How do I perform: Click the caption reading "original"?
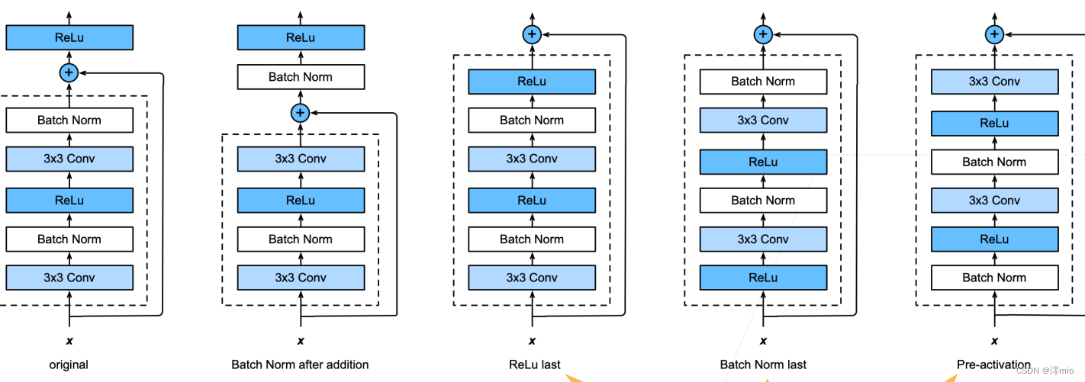(69, 364)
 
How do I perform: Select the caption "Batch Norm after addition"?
(300, 364)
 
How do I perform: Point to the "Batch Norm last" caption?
(763, 364)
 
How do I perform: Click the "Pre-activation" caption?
(993, 364)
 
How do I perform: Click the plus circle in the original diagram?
(69, 72)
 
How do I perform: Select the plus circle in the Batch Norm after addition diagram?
(301, 113)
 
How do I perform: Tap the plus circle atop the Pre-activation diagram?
(994, 34)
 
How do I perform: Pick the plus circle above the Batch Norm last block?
(763, 34)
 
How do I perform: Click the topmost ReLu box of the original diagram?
(69, 37)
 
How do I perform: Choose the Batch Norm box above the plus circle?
(301, 76)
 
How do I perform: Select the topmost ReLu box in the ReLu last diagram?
(532, 82)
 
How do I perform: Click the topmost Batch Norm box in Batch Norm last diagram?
(763, 82)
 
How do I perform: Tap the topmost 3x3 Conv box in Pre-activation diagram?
(994, 82)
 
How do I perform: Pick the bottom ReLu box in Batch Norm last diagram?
(763, 278)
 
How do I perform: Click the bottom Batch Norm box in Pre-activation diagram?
(994, 278)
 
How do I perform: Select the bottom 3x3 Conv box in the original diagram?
(69, 278)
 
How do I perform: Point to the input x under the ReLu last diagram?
(532, 341)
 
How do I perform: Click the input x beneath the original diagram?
(69, 341)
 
